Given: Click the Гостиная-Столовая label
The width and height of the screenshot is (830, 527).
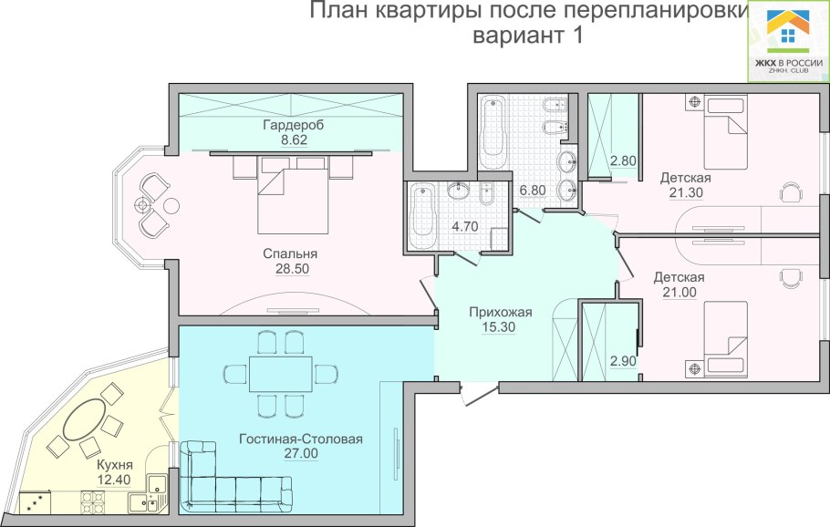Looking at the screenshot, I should coord(301,439).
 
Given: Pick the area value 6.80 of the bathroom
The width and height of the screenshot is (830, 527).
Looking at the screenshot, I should coord(533,191).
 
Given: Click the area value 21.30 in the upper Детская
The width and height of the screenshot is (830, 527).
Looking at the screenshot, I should coord(685,192).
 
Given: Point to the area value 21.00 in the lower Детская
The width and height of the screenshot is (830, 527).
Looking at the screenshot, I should coord(679,292).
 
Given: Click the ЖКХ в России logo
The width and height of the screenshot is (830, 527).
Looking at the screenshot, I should coord(788,41).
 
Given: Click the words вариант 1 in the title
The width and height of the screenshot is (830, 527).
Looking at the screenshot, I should coord(528,37).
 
